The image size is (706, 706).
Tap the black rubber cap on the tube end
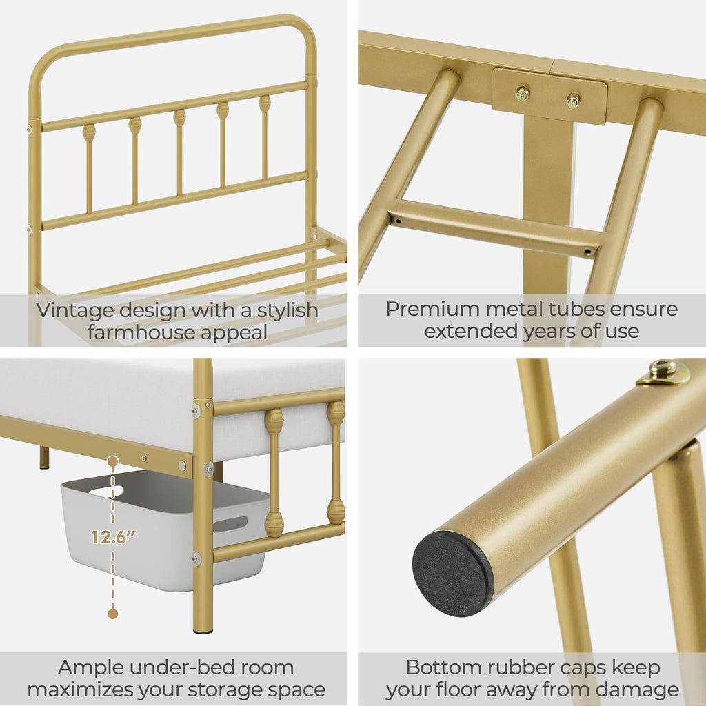pyautogui.click(x=452, y=573)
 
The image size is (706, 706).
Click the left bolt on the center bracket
pyautogui.click(x=523, y=94)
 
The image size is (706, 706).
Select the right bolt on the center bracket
pyautogui.click(x=574, y=101)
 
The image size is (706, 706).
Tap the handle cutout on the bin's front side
pyautogui.click(x=230, y=524)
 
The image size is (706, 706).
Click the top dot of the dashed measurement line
pyautogui.click(x=112, y=460)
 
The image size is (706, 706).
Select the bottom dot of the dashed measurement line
pyautogui.click(x=112, y=613)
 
